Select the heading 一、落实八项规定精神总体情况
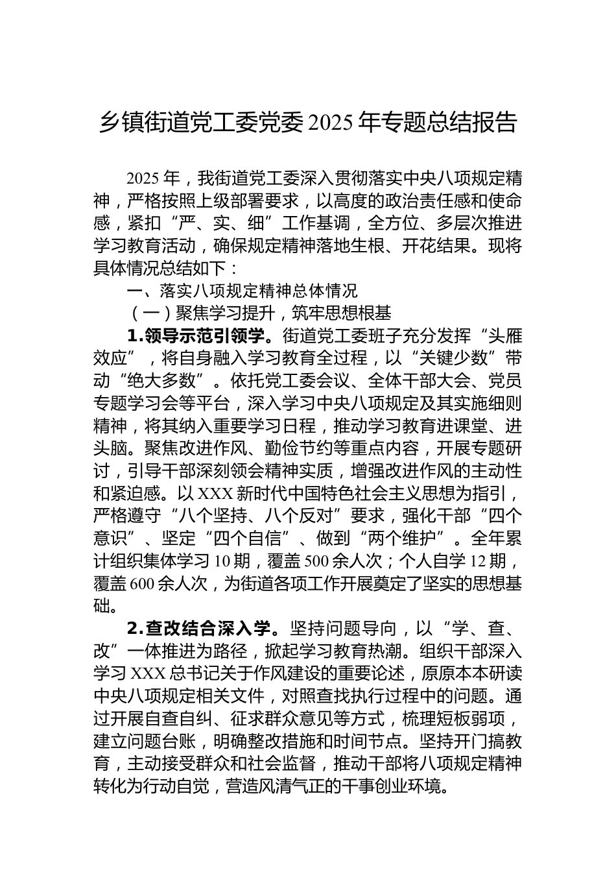point(241,291)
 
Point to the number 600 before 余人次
point(142,583)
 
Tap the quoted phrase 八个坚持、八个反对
point(260,515)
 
